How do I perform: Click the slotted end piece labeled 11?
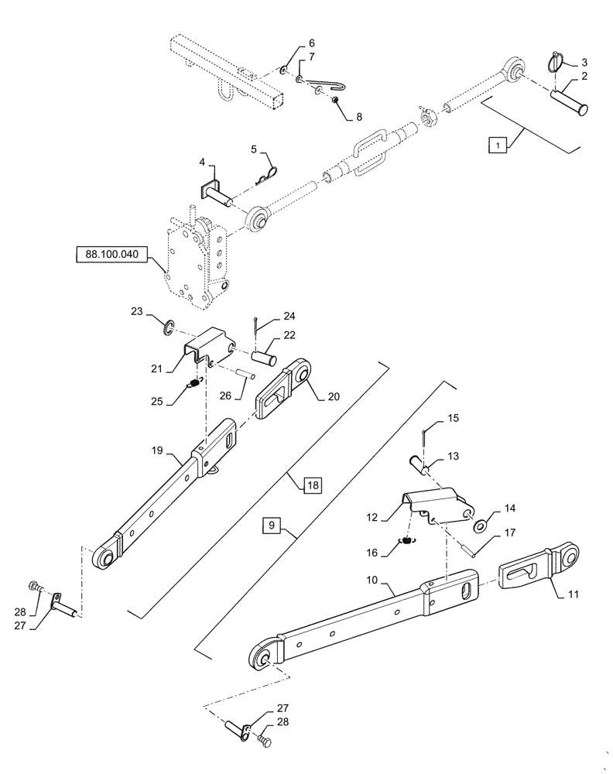(538, 572)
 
